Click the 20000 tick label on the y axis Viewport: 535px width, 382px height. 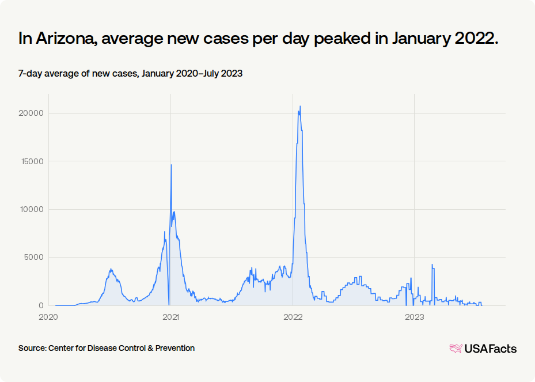click(x=31, y=114)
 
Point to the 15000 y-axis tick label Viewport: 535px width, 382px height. click(x=32, y=161)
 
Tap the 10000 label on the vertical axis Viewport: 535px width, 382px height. click(x=32, y=210)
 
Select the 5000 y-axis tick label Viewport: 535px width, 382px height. click(x=34, y=258)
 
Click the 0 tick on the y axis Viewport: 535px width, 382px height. click(x=41, y=305)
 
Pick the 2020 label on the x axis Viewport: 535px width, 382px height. click(x=48, y=317)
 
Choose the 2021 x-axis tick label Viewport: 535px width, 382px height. click(x=170, y=317)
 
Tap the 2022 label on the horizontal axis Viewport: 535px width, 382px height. click(x=293, y=317)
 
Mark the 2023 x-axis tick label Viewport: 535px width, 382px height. click(x=415, y=317)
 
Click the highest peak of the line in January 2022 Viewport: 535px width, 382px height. click(x=300, y=106)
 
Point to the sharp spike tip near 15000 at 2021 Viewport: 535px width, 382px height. click(x=171, y=165)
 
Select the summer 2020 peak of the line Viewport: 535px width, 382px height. click(x=111, y=269)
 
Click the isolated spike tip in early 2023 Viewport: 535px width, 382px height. click(x=432, y=264)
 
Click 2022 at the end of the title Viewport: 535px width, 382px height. click(x=477, y=38)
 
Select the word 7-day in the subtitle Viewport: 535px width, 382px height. click(x=30, y=74)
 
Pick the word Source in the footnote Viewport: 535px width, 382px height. click(x=32, y=348)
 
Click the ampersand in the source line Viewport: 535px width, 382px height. click(x=150, y=348)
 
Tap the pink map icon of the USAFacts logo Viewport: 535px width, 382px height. click(x=456, y=349)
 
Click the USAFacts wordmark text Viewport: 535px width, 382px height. click(x=491, y=349)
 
